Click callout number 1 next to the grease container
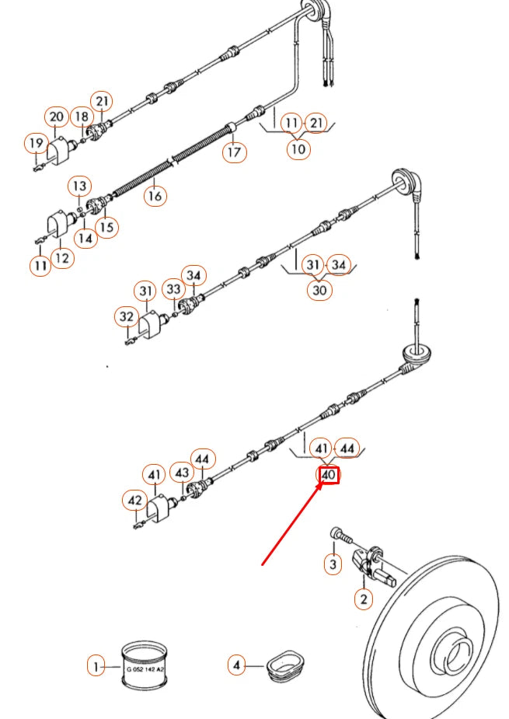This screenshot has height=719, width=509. [96, 665]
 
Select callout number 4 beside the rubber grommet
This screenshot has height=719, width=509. [237, 665]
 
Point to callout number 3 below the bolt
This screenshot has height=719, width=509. [333, 564]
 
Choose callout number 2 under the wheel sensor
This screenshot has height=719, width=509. [363, 599]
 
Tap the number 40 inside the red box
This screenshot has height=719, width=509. [329, 474]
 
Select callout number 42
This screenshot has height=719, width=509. [135, 501]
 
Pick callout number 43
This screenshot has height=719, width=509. [181, 473]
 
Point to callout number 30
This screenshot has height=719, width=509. [319, 290]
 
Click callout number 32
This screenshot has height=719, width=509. [126, 317]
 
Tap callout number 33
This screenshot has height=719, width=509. [173, 289]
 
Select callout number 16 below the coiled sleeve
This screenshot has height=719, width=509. [155, 196]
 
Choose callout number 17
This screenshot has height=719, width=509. [234, 152]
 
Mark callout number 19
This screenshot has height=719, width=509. [35, 143]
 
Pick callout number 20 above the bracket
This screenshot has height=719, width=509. [56, 117]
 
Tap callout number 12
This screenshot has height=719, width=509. [62, 257]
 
